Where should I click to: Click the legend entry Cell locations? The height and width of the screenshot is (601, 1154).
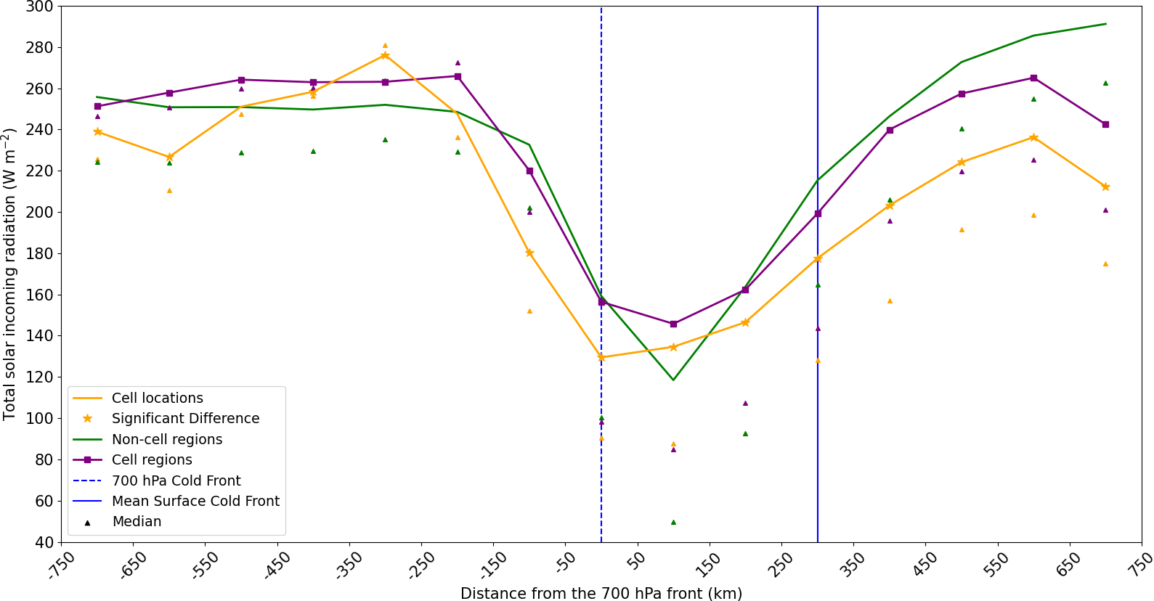click(x=157, y=398)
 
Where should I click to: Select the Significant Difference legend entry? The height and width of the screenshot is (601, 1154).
click(x=185, y=418)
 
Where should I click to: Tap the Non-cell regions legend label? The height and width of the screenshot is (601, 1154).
click(x=167, y=439)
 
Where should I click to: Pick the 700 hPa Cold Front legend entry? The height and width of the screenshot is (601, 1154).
click(x=176, y=481)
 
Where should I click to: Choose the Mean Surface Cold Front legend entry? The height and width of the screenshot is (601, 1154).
click(x=195, y=501)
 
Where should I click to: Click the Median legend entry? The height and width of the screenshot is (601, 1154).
click(x=137, y=521)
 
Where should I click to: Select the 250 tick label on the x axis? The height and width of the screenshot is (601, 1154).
click(x=782, y=564)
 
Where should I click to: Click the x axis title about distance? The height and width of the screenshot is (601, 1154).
click(x=601, y=593)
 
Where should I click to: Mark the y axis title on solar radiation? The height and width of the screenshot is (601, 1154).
click(x=9, y=274)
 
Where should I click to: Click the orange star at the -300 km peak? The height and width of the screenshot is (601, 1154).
click(x=385, y=55)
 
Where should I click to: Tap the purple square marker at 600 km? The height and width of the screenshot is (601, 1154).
click(x=1033, y=78)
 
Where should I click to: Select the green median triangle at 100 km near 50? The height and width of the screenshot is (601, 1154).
click(x=673, y=522)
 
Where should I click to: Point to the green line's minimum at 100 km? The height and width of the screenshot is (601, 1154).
click(x=673, y=380)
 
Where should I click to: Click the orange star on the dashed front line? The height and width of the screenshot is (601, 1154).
click(x=601, y=357)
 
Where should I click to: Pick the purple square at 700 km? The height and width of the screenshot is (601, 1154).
click(x=1105, y=124)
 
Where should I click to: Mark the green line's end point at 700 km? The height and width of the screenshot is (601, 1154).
click(x=1105, y=24)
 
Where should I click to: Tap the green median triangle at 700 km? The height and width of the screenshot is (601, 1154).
click(x=1105, y=83)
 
